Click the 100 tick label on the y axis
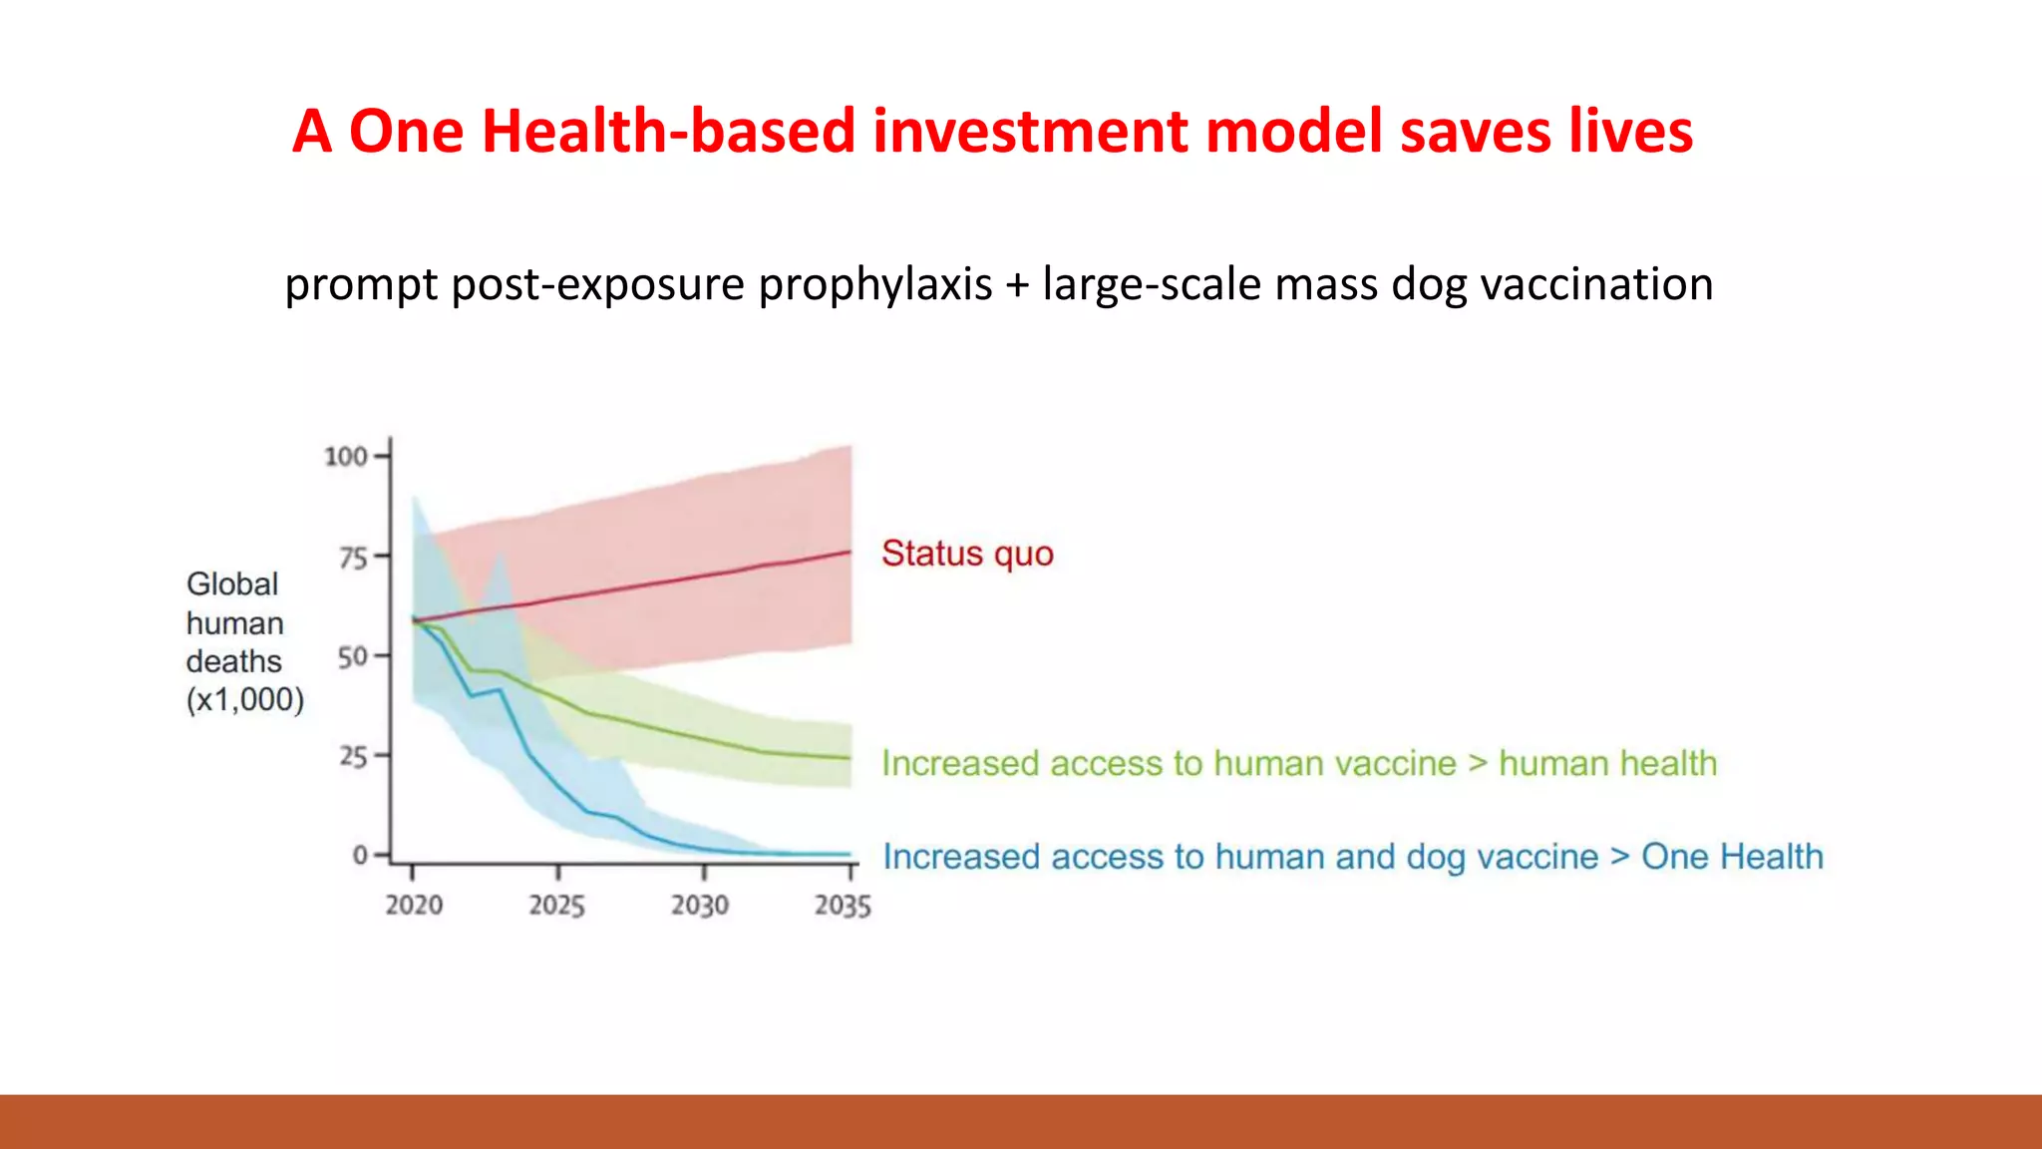point(346,457)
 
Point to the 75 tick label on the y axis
point(353,558)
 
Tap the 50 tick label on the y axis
point(353,657)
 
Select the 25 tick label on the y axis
point(353,757)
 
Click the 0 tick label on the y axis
point(360,856)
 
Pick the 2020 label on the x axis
point(414,906)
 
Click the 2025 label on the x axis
point(556,906)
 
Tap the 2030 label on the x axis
point(700,906)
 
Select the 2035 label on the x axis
point(843,906)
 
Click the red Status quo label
point(967,554)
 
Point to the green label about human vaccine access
point(1299,764)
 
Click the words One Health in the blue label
point(1732,857)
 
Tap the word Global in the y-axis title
point(232,584)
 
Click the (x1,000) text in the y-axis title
point(245,700)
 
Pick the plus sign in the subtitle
point(1017,285)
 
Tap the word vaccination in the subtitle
point(1596,284)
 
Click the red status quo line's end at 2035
point(850,552)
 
